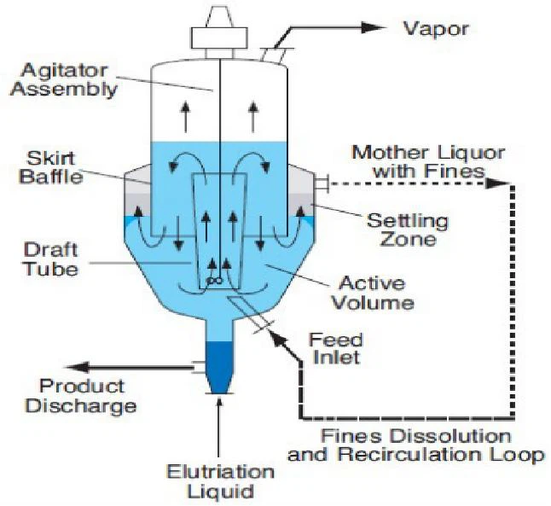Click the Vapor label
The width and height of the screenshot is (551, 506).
tap(435, 29)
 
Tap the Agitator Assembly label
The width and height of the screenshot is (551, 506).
tap(64, 80)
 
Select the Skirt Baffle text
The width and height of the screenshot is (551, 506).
tap(51, 167)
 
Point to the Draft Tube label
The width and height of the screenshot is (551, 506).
tap(51, 260)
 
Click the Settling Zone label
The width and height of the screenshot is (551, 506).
tap(408, 230)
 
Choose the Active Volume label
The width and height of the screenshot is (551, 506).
tap(373, 293)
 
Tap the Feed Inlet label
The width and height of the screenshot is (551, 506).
tap(335, 349)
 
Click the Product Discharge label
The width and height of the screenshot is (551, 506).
tap(81, 396)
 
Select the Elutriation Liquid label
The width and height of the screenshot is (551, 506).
tap(220, 482)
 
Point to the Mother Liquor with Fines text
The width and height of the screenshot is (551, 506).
tap(428, 162)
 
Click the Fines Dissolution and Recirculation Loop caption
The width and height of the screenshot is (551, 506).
tap(415, 445)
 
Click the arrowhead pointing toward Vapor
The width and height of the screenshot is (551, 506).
tap(374, 28)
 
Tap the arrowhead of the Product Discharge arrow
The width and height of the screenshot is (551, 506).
tap(77, 368)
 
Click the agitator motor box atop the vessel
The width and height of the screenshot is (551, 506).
tap(219, 38)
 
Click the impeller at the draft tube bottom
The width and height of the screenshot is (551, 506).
tap(214, 280)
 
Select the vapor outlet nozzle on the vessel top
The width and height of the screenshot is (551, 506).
tap(274, 55)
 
